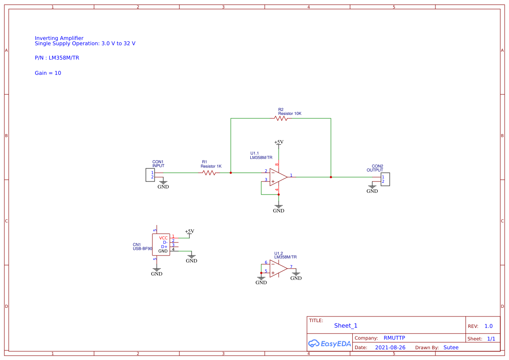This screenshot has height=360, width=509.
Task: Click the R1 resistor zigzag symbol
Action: (x=209, y=173)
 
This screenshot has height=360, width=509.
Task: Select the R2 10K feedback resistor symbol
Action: (x=280, y=118)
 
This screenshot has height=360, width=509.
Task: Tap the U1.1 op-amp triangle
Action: (x=278, y=177)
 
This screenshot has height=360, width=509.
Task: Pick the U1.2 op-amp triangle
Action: (x=278, y=269)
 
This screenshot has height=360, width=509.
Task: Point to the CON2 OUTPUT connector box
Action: (x=385, y=179)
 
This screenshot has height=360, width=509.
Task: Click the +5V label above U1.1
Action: (x=279, y=142)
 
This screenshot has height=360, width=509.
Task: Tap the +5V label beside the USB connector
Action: (x=189, y=231)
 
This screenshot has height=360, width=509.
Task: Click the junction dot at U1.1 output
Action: (x=331, y=177)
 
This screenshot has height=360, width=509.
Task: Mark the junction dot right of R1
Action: (x=231, y=173)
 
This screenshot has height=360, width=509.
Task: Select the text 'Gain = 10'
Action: (x=48, y=73)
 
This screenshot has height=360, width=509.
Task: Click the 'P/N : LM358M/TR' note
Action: (x=57, y=57)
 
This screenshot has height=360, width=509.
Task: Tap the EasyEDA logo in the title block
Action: (x=329, y=343)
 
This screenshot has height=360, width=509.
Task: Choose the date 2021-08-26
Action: (x=390, y=347)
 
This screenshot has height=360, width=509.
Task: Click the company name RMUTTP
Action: (x=394, y=338)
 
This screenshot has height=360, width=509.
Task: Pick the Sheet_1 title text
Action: (x=346, y=326)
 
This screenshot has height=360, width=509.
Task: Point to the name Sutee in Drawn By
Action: (x=451, y=347)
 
